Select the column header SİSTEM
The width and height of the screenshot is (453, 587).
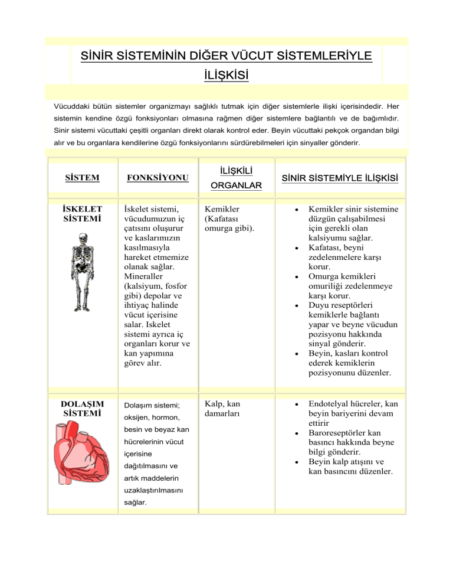tap(81, 178)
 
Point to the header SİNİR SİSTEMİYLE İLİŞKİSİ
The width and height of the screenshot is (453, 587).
tap(338, 178)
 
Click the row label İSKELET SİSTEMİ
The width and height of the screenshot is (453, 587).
tap(82, 213)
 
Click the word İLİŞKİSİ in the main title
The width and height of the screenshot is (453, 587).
tap(226, 76)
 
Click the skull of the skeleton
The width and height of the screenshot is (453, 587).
tap(81, 239)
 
